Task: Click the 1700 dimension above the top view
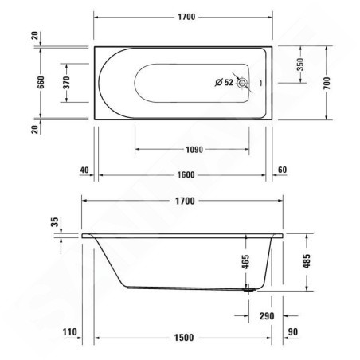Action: [x=185, y=18]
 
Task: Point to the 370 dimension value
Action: [x=73, y=82]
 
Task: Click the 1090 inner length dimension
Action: [x=190, y=148]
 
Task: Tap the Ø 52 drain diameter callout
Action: [x=224, y=82]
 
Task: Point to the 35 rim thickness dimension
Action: [x=53, y=224]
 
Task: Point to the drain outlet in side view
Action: [x=249, y=291]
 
